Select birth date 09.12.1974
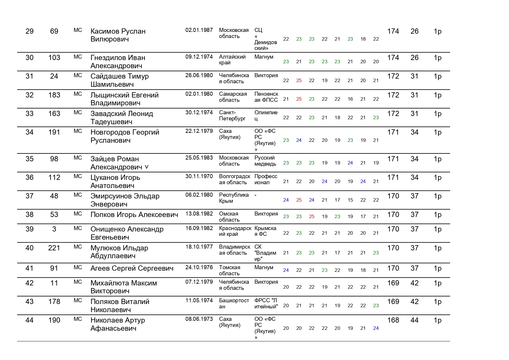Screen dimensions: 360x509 click(x=199, y=57)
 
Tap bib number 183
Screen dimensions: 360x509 click(x=54, y=95)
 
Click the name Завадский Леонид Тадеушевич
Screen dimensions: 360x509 click(x=122, y=117)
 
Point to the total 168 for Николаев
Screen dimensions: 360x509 click(x=393, y=320)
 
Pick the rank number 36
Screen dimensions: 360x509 click(x=30, y=178)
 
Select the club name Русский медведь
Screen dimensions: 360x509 click(x=265, y=161)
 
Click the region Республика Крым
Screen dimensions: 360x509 click(x=234, y=198)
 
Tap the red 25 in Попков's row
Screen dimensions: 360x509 click(x=312, y=216)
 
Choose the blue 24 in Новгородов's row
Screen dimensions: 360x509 click(x=299, y=140)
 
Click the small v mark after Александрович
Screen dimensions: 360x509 click(x=147, y=167)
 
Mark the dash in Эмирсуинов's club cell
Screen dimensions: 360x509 click(x=255, y=195)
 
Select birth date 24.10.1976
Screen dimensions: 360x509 click(x=199, y=267)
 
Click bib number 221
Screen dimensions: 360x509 click(x=54, y=248)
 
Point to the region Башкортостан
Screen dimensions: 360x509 click(x=234, y=303)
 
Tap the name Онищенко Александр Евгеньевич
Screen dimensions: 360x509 click(x=127, y=233)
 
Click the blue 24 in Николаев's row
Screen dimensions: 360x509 click(x=376, y=328)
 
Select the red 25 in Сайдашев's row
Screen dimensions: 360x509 click(x=299, y=81)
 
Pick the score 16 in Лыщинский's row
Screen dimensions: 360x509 click(x=350, y=99)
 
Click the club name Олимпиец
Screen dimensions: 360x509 click(x=266, y=115)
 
